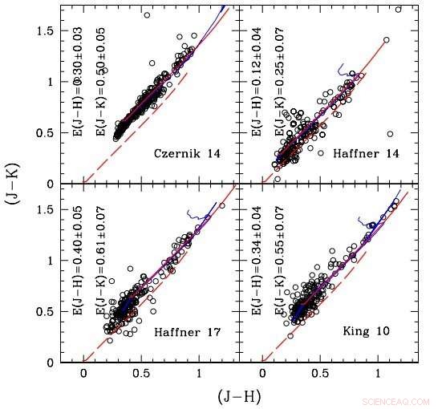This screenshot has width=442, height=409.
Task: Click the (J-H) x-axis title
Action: (x=240, y=395)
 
